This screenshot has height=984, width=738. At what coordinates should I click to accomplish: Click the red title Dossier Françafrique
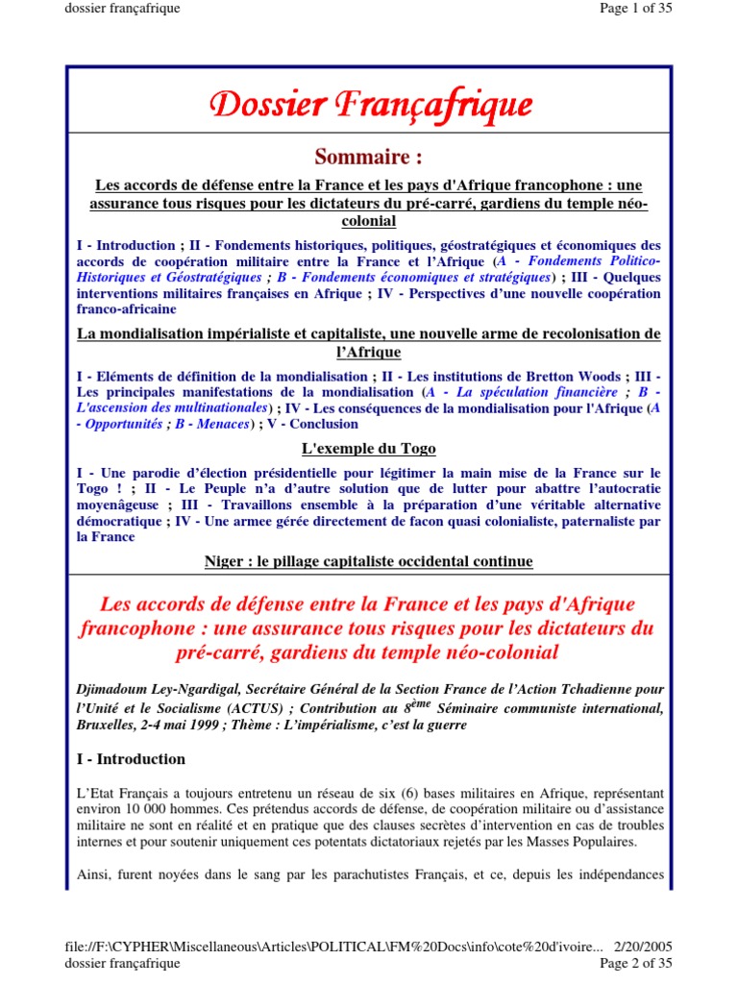[369, 104]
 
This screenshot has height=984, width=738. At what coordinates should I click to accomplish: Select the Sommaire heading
[369, 157]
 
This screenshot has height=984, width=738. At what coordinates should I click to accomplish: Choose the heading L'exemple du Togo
[369, 450]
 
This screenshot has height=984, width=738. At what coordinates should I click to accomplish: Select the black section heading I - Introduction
[131, 759]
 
